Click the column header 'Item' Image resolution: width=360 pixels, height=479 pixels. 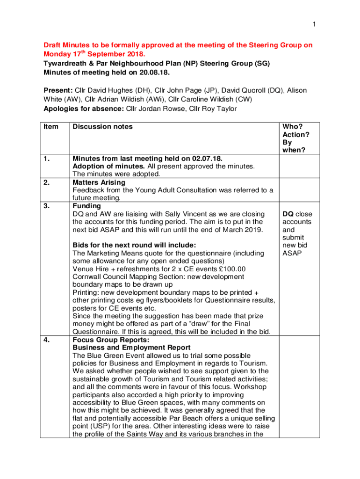pyautogui.click(x=51, y=127)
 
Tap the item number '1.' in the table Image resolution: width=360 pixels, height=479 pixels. pyautogui.click(x=47, y=159)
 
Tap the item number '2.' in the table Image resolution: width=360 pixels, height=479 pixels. pyautogui.click(x=47, y=182)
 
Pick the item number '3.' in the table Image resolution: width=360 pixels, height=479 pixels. pyautogui.click(x=47, y=206)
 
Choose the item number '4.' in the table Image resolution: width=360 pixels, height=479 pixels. pyautogui.click(x=47, y=340)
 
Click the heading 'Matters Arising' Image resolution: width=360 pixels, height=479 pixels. pyautogui.click(x=99, y=182)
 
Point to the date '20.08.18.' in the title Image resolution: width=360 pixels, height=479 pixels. pyautogui.click(x=151, y=73)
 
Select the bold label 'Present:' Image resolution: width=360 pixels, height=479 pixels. pyautogui.click(x=58, y=90)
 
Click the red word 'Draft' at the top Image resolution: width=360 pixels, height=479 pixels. pyautogui.click(x=53, y=45)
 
